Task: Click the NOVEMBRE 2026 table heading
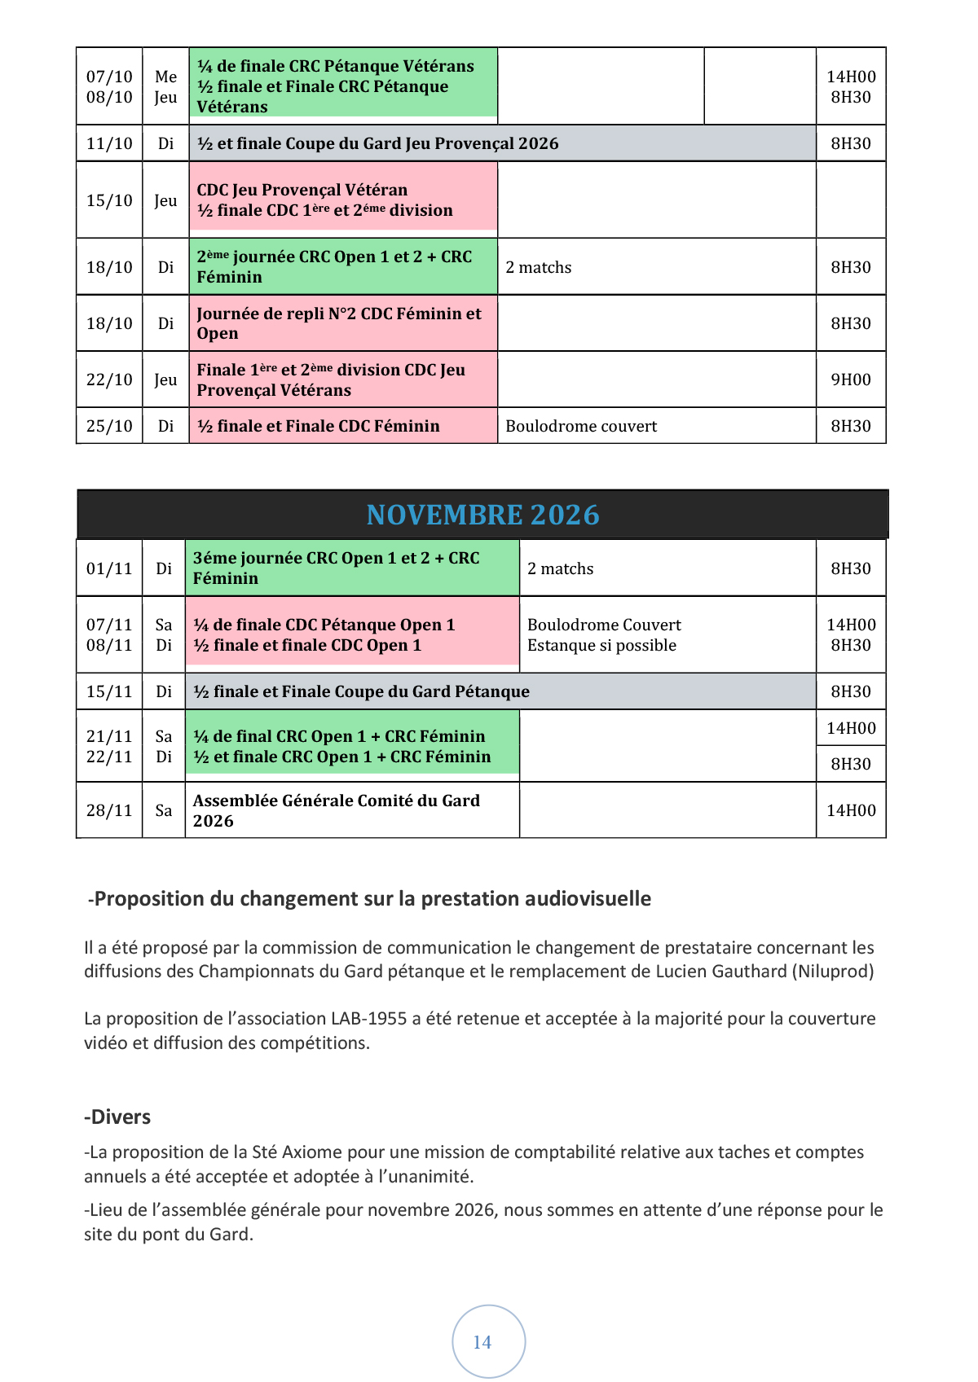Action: coord(482,515)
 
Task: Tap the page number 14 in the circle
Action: coord(482,1342)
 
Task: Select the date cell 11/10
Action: coord(109,143)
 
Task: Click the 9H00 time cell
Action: coord(851,380)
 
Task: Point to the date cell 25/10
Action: coord(109,426)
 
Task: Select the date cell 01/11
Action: coord(109,568)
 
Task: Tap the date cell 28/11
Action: coord(109,810)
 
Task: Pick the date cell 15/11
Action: coord(109,691)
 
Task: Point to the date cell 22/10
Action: coord(109,380)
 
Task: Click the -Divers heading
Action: coord(118,1117)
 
